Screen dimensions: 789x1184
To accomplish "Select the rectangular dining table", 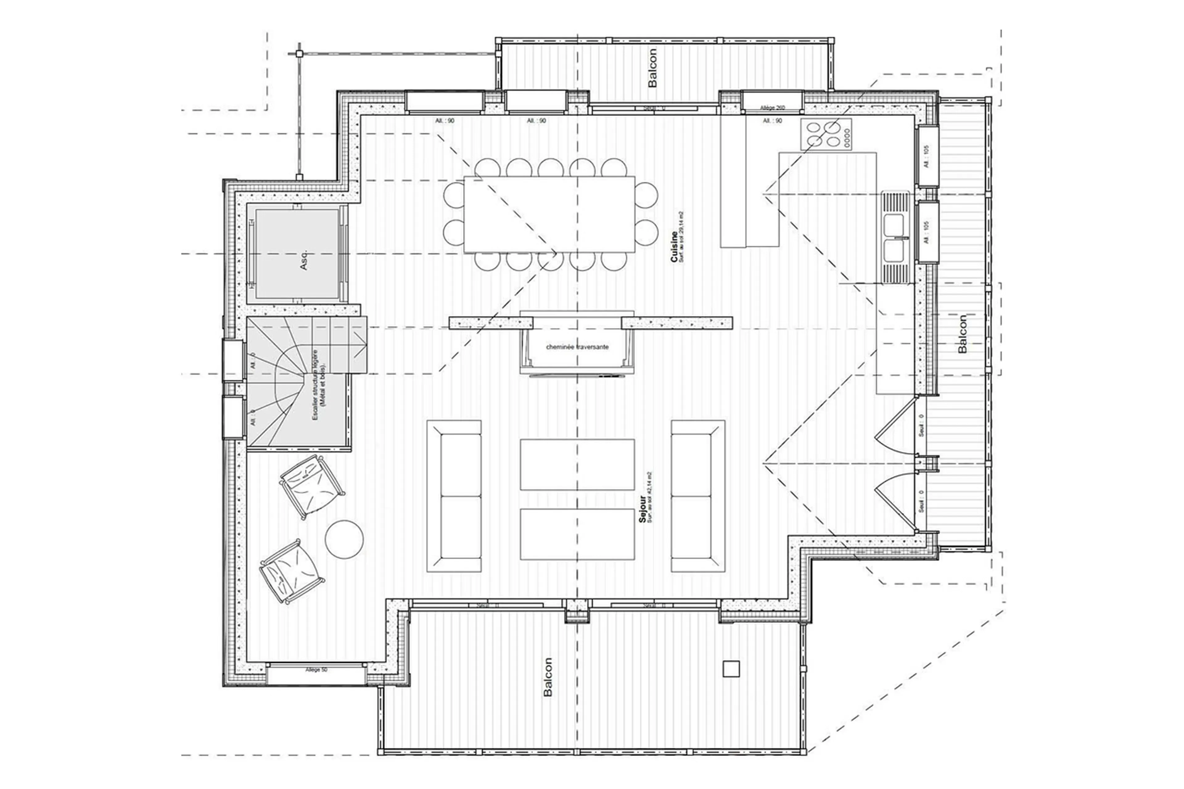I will coord(549,214).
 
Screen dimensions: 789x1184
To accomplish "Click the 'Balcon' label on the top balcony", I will coord(653,68).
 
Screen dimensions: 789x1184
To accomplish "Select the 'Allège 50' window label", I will coord(316,670).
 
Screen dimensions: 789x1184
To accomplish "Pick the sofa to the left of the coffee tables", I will coord(454,496).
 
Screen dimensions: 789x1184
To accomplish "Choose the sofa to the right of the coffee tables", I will coord(698,496).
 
